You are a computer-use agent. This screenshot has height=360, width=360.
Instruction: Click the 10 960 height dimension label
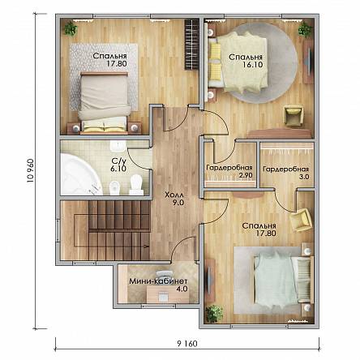point(30,171)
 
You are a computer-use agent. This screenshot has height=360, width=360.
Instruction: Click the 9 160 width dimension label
point(187,344)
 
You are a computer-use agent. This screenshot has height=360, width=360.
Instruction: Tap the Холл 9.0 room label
point(174,199)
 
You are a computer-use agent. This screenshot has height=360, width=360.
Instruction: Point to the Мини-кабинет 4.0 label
point(158,285)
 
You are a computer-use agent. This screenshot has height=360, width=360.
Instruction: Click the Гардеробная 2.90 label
point(229,171)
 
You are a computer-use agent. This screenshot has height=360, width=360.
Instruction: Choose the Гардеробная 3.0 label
point(286,173)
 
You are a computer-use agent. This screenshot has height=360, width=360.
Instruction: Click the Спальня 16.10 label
point(246,61)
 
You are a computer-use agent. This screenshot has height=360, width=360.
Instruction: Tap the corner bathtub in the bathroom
point(80,174)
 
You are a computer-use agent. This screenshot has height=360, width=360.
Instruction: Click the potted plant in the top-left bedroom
point(71,28)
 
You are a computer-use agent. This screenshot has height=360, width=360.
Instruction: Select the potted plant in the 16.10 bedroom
point(305,29)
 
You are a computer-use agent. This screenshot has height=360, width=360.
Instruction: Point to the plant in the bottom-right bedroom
point(215,314)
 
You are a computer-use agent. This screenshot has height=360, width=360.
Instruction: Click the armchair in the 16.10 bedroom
point(293,116)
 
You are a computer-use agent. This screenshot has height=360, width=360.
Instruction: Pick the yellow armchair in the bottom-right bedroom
point(301,220)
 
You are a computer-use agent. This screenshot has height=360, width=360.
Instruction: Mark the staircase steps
point(119,229)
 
